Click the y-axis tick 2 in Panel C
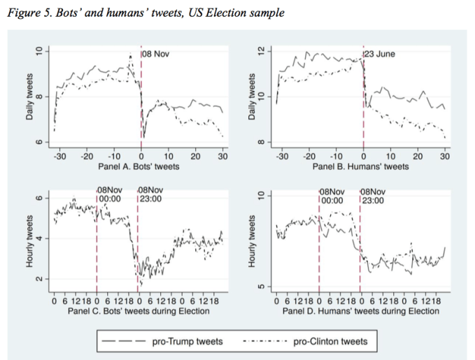pos(39,279)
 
